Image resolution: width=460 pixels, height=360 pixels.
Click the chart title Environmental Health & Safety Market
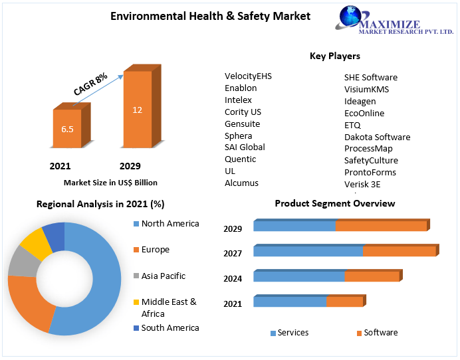tap(210, 16)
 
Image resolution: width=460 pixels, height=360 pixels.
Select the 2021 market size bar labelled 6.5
tap(67, 129)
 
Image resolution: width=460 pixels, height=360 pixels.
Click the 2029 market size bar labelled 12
tap(137, 110)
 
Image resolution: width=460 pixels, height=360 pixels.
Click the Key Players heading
tap(334, 56)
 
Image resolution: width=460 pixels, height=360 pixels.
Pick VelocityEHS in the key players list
tap(248, 76)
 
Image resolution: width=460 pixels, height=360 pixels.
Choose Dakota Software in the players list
tap(377, 137)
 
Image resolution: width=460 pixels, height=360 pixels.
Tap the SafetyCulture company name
tap(371, 160)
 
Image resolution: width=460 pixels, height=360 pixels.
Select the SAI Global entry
tap(245, 147)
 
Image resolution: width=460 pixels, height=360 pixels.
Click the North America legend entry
tap(170, 224)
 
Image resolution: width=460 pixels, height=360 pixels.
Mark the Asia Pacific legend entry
tap(163, 276)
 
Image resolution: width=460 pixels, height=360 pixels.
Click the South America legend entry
tap(170, 327)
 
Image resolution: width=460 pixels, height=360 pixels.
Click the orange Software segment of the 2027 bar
tap(399, 251)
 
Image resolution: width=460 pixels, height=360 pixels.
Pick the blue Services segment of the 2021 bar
tap(290, 302)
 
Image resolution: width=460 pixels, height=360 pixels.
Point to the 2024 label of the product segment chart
tap(233, 279)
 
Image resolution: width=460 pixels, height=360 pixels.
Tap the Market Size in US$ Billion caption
tap(110, 182)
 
